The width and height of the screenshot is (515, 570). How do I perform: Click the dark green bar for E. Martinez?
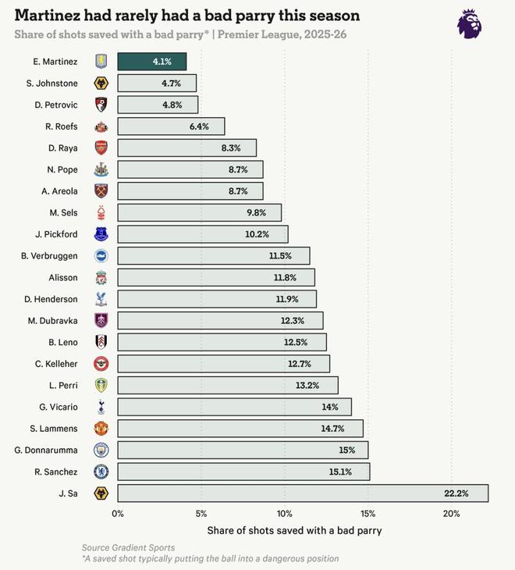(x=152, y=62)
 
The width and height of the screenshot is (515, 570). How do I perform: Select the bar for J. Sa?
(x=303, y=493)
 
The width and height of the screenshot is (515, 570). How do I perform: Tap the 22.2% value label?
(x=456, y=493)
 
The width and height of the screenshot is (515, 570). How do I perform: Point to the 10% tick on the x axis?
(x=285, y=513)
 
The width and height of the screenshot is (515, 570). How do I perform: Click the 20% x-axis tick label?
(x=451, y=513)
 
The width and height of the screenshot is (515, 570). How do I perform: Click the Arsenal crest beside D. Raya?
(x=101, y=148)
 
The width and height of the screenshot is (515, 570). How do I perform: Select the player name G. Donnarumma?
(x=46, y=450)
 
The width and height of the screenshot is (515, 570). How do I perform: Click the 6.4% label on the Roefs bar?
(x=199, y=126)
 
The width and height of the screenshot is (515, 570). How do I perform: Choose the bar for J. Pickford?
(x=203, y=233)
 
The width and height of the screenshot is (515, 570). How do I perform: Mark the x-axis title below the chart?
(x=294, y=531)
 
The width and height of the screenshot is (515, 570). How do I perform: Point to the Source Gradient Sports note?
(x=128, y=548)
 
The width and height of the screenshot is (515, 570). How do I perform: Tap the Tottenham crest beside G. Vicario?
(x=101, y=407)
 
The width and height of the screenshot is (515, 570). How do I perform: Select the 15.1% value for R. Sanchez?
(x=341, y=472)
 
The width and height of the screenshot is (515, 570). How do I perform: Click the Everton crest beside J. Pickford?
(x=101, y=233)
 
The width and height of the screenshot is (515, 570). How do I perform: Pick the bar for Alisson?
(x=216, y=277)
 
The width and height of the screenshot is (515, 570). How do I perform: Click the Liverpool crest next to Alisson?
(x=101, y=277)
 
